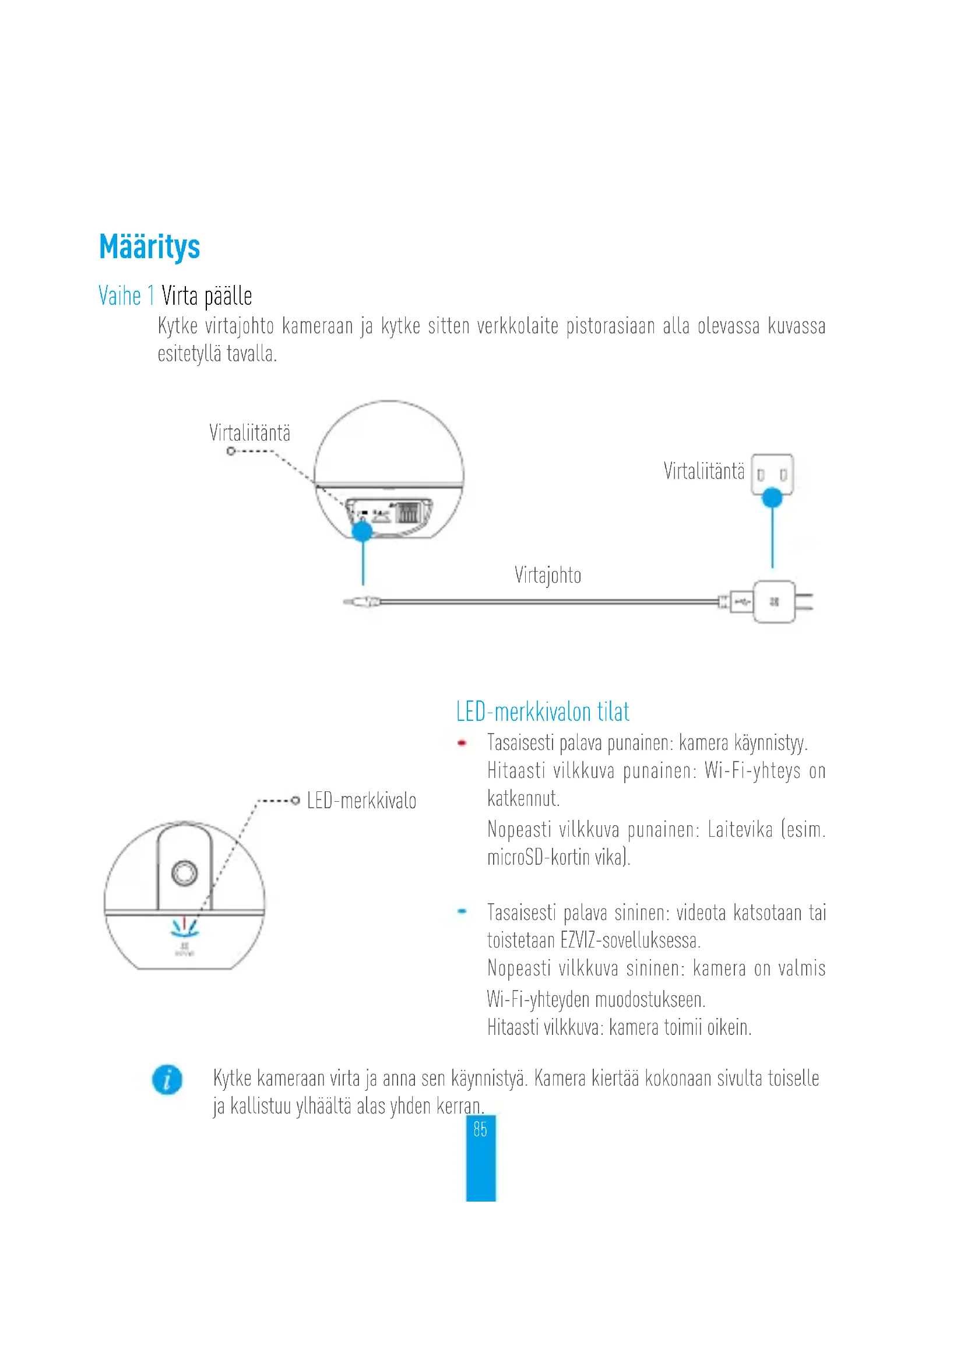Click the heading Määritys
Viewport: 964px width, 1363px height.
[x=150, y=247]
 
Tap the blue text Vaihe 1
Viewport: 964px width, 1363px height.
[x=126, y=295]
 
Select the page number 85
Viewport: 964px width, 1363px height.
[x=480, y=1129]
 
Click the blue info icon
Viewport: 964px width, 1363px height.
[x=167, y=1079]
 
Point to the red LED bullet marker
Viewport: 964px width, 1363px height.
[x=462, y=742]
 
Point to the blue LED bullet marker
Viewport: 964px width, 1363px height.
[x=462, y=911]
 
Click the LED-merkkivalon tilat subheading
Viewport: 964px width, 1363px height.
[x=543, y=712]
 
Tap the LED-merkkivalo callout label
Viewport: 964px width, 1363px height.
[x=361, y=801]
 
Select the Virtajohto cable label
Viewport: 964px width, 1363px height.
[x=547, y=575]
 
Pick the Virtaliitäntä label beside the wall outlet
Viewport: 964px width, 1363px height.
[x=704, y=471]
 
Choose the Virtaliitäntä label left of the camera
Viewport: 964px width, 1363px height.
[x=250, y=433]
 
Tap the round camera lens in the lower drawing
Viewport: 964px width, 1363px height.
[x=185, y=873]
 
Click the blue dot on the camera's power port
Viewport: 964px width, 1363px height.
[x=362, y=531]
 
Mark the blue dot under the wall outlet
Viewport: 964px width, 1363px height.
[x=772, y=498]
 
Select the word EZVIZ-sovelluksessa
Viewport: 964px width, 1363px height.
[x=631, y=941]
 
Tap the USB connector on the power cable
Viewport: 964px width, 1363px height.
[x=740, y=602]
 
